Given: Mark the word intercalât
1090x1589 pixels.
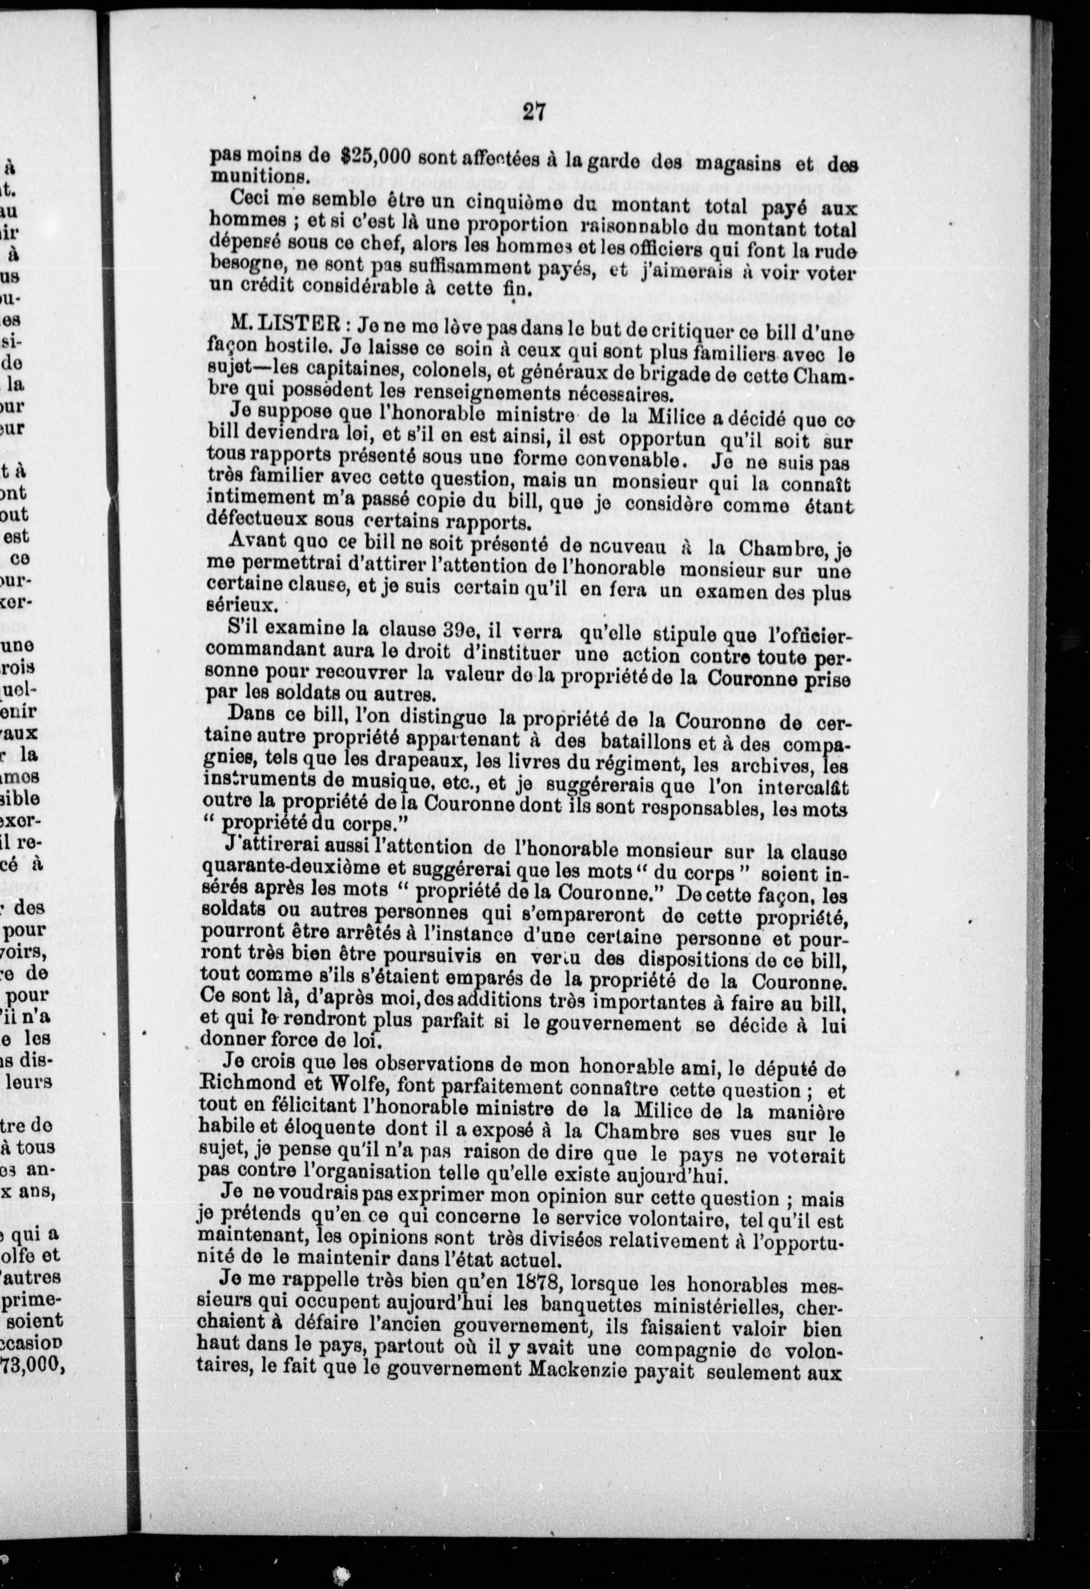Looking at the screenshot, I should click(x=803, y=788).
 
